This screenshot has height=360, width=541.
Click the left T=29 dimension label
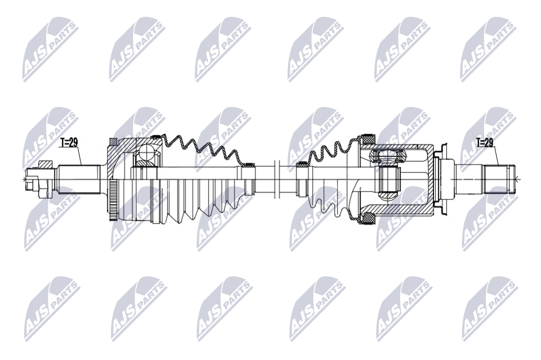click(68, 143)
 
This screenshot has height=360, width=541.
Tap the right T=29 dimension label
click(485, 143)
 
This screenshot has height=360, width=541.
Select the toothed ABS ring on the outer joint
click(113, 199)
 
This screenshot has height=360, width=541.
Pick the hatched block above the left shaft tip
click(45, 164)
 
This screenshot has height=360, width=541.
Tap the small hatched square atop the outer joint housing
click(113, 142)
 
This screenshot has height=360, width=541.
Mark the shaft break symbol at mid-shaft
click(276, 179)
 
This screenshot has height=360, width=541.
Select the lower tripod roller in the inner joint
click(388, 196)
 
